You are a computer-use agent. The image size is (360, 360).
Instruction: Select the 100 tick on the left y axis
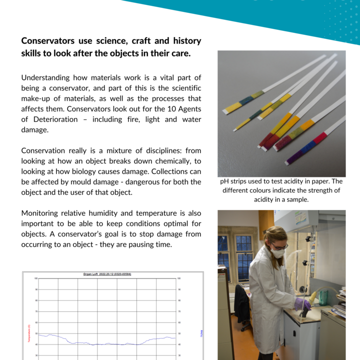pos(35,278)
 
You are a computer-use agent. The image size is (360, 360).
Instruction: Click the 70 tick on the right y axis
pos(179,311)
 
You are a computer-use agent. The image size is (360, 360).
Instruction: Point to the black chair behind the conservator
pos(242,305)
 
